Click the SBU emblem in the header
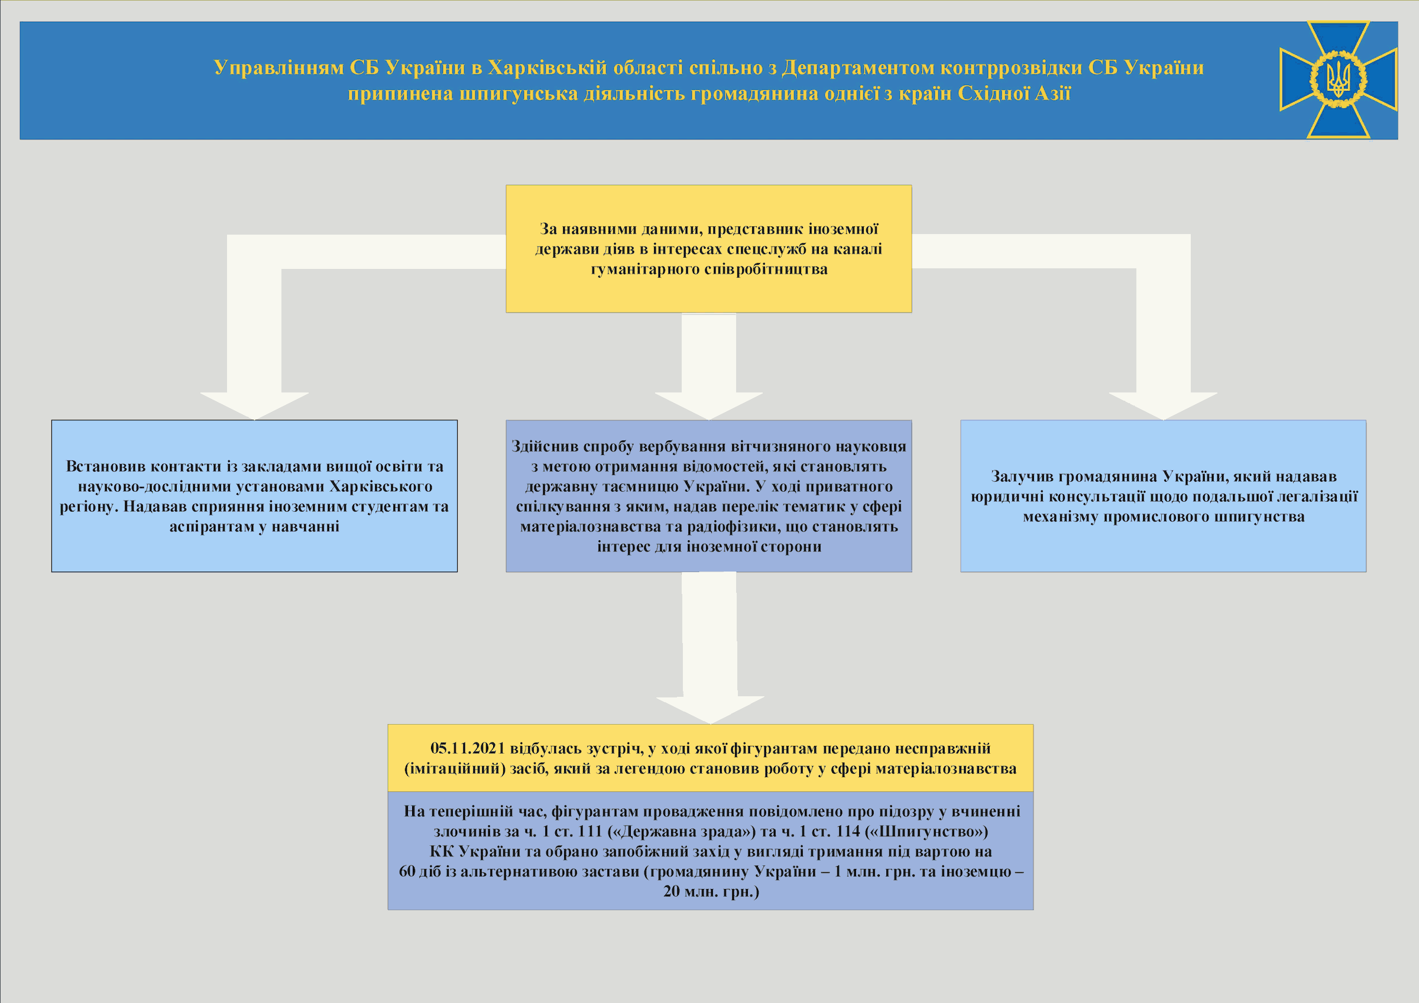coord(1338,80)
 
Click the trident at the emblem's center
coord(1338,80)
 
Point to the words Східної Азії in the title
coord(1014,93)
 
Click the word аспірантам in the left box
coord(210,527)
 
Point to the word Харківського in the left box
coord(381,486)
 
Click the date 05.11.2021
coord(468,748)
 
